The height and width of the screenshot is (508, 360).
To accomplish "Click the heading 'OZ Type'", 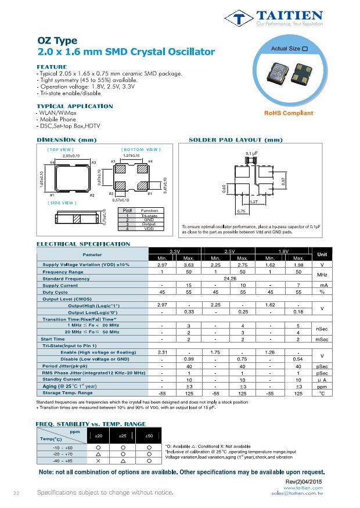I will coord(57,41).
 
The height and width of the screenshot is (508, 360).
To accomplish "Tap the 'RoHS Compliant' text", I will coord(289,113).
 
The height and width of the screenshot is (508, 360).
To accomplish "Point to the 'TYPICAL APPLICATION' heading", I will coord(74,106).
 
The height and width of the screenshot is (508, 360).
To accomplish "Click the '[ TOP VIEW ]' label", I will coord(60,149).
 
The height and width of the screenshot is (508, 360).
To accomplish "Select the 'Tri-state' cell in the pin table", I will coord(149,215).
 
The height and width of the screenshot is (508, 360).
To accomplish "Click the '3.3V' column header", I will coord(174,251).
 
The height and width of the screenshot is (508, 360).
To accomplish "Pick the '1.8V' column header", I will coord(285,251).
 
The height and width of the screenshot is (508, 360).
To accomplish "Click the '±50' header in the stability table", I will coord(149,435).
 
